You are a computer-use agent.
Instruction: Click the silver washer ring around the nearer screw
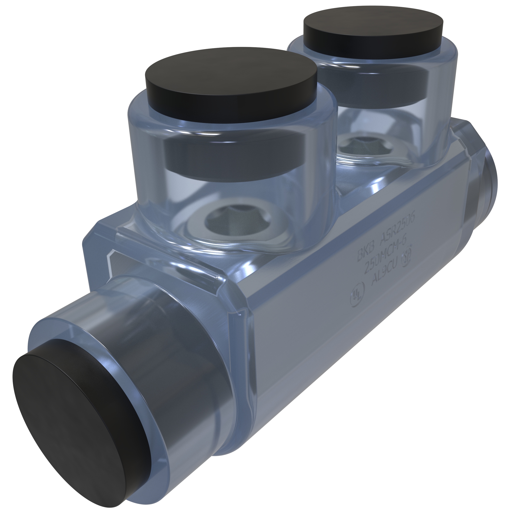point(201,225)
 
